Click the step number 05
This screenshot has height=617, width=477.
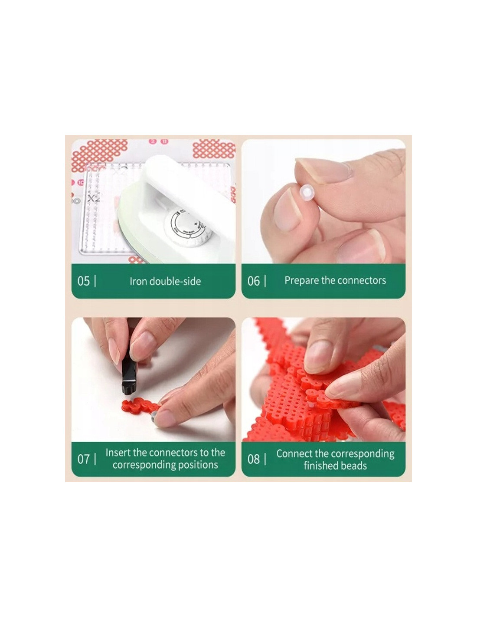(x=83, y=281)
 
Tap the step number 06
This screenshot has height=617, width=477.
(x=253, y=281)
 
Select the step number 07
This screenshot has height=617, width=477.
(x=83, y=459)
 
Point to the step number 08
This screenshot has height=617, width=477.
(x=253, y=459)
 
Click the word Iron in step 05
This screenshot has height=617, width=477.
(x=138, y=281)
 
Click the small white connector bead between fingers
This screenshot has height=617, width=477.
(x=307, y=193)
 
